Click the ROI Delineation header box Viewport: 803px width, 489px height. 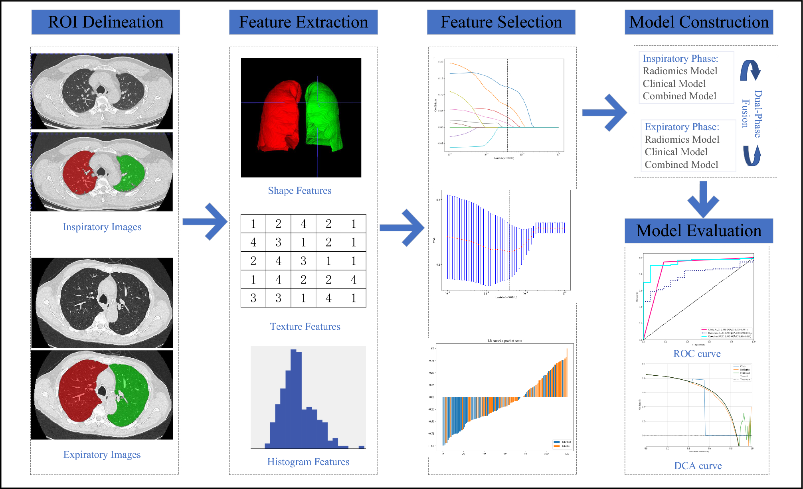105,22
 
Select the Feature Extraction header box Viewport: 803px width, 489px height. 303,22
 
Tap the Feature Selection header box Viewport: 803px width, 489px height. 501,22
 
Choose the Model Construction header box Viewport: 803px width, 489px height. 699,22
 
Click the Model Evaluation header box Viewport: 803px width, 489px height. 698,231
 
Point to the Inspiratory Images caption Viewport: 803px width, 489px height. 102,227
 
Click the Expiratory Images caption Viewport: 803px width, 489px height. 102,455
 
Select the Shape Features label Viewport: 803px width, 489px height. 299,191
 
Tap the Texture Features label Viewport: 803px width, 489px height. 305,327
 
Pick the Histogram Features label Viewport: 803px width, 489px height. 308,462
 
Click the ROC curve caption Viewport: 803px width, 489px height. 697,354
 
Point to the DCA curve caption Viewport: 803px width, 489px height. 698,466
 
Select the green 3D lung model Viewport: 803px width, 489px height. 322,116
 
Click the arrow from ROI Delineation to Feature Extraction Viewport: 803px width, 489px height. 205,222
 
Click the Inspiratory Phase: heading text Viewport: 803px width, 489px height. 680,59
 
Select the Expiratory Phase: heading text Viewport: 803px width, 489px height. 682,127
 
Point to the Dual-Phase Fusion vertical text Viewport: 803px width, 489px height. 752,114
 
